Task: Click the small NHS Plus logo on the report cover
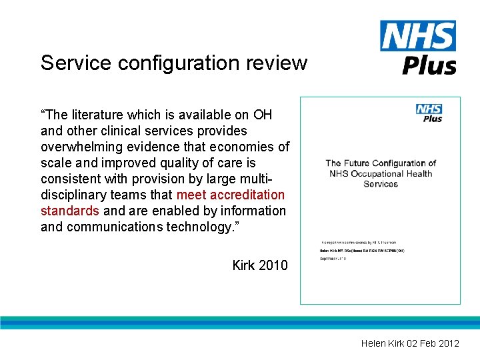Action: tap(429, 112)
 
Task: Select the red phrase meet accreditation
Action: tap(231, 195)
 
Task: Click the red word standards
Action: tap(70, 211)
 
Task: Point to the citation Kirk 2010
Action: tap(260, 265)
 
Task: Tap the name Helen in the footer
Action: tap(373, 343)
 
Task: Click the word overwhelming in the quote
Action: tap(84, 147)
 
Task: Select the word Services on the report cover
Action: tap(381, 184)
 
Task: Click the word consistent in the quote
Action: tap(71, 179)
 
